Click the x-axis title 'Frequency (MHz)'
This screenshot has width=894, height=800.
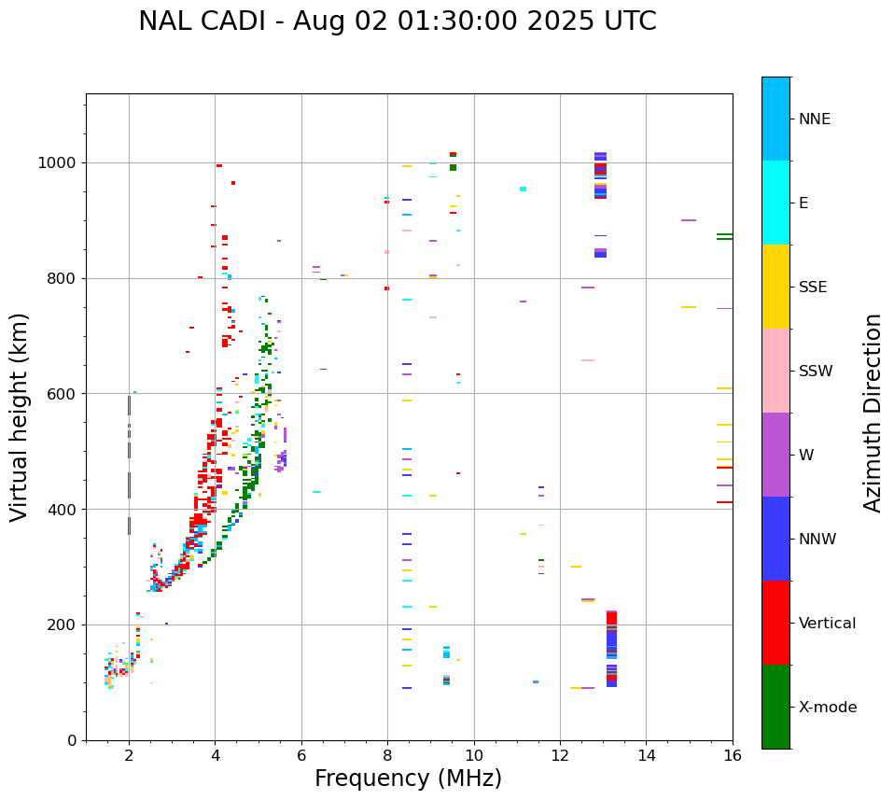(408, 779)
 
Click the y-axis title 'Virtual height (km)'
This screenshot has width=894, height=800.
(20, 416)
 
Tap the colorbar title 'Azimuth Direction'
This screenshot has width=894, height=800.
(873, 413)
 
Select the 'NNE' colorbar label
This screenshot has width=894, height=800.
(814, 119)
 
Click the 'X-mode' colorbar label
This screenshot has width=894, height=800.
(827, 708)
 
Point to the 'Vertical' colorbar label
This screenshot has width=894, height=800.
(827, 624)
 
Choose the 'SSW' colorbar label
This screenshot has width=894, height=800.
(815, 372)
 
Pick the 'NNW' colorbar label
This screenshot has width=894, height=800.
(817, 540)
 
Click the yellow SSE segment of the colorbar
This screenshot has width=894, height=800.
(775, 287)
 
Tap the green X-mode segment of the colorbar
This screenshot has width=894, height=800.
(775, 707)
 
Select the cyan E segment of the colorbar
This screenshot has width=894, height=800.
(775, 203)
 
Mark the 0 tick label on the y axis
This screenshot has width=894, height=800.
(72, 740)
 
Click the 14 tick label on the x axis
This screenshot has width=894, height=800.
(646, 756)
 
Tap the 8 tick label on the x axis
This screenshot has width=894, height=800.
(387, 756)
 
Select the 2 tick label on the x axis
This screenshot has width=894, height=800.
(129, 756)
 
